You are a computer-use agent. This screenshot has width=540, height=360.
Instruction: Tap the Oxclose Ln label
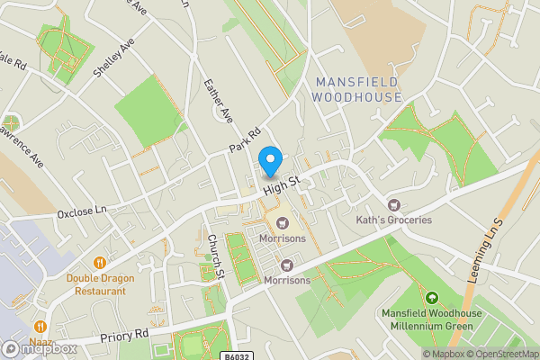point(82,212)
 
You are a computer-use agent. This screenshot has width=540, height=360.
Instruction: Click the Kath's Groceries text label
point(393,220)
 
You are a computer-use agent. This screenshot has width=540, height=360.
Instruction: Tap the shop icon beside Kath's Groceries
point(393,204)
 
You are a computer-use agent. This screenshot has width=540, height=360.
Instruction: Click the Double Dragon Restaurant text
point(100,283)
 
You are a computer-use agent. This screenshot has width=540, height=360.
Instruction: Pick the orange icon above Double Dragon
point(100,263)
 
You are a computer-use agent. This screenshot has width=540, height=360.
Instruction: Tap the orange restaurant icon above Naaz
point(40,326)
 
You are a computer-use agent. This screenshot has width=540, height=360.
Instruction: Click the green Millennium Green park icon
point(431,298)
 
